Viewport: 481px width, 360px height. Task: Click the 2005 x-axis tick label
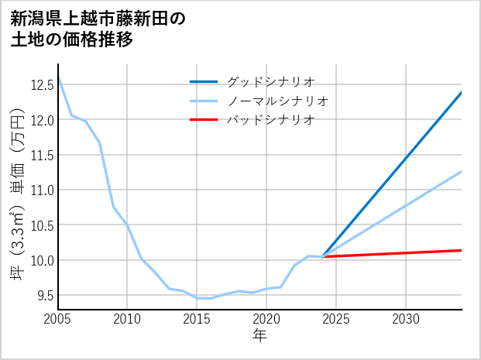57,319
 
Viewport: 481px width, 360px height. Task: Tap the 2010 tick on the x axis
127,319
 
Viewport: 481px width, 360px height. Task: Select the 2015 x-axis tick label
197,319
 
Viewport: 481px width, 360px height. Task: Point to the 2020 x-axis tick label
266,319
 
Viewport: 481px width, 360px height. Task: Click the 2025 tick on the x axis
336,319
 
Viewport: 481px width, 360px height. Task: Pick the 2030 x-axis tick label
406,319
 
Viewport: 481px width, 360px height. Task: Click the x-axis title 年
259,335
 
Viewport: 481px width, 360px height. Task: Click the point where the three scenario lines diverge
322,256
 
